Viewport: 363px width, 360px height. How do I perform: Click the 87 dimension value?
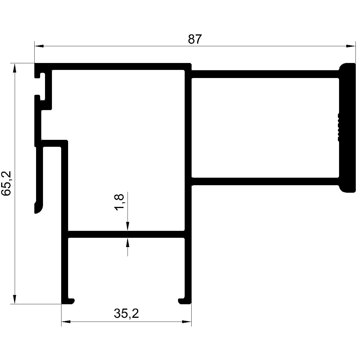tap(194, 39)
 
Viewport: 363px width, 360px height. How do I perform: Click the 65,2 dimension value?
tap(7, 183)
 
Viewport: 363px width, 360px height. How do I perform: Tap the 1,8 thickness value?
tap(119, 202)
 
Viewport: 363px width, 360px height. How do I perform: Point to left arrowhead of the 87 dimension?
tap(39, 46)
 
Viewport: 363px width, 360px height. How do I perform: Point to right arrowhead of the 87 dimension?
tap(351, 46)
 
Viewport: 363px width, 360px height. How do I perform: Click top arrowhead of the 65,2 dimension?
tap(14, 68)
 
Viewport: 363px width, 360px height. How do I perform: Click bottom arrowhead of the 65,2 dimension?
tap(14, 299)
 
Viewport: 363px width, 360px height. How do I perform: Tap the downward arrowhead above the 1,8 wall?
tap(128, 226)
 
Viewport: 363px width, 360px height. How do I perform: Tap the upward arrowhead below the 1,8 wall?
tap(128, 242)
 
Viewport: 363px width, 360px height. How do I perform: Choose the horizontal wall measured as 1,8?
tap(126, 234)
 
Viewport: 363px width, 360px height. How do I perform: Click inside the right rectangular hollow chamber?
tap(265, 128)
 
